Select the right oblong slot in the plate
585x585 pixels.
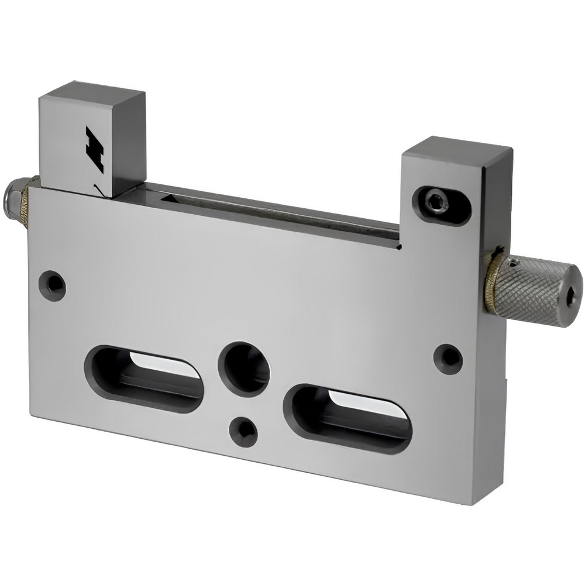pyautogui.click(x=347, y=418)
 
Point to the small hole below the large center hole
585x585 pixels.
pyautogui.click(x=244, y=431)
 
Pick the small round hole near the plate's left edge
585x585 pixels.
pyautogui.click(x=52, y=285)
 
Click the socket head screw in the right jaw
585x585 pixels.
pyautogui.click(x=437, y=202)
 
